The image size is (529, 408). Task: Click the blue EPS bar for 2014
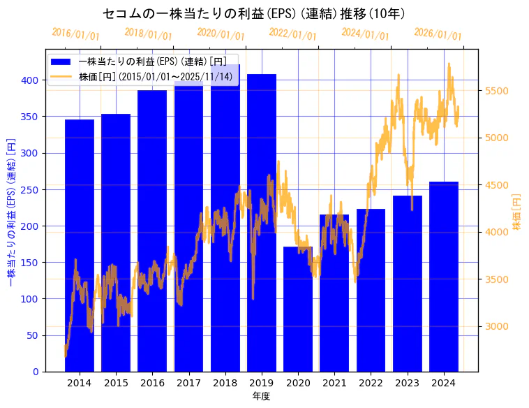point(80,245)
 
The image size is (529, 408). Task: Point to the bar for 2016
point(152,231)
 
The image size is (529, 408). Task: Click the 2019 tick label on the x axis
point(262,383)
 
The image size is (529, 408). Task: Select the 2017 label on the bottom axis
point(188,383)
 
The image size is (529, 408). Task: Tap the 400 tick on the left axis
point(30,80)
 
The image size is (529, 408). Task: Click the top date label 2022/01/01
point(292,34)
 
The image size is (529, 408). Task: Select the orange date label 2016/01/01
point(75,34)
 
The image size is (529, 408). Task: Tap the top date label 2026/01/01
point(438,34)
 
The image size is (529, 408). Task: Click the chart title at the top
point(254,14)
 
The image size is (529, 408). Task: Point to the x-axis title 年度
point(261,396)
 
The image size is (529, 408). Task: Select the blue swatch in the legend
point(61,61)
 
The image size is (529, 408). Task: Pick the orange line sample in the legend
point(61,75)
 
